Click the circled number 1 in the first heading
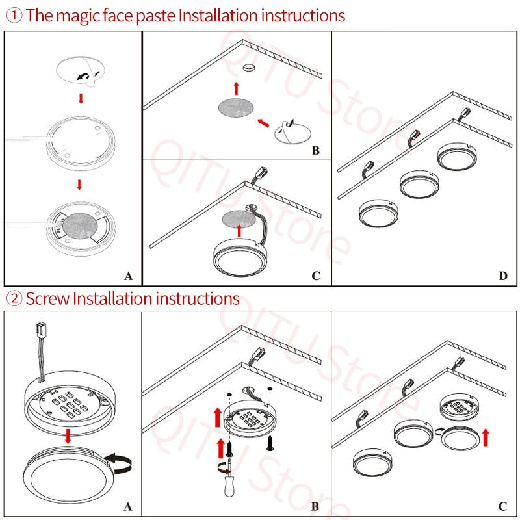14,15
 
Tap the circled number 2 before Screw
14,299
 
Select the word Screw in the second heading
47,299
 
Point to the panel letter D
502,276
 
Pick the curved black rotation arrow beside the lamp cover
119,463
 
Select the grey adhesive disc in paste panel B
235,109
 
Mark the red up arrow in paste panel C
239,229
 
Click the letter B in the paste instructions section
316,151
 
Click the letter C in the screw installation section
502,507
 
